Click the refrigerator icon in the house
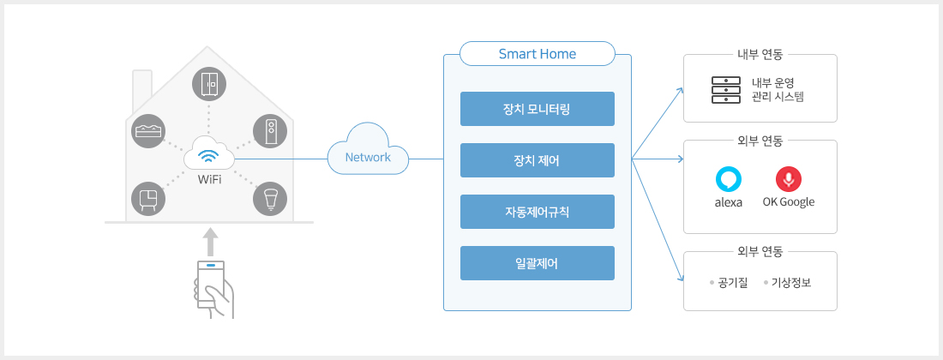coord(209,84)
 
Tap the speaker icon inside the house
coord(270,130)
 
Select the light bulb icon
coord(270,198)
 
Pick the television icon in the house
coord(148,198)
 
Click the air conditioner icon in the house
coord(148,130)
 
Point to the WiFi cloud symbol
coord(208,153)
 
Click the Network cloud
coord(368,149)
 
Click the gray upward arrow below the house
coord(209,242)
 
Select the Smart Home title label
coord(537,54)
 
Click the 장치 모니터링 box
coord(537,109)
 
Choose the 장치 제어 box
coord(537,160)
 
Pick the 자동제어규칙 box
coord(537,212)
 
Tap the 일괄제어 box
coord(537,263)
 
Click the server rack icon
coord(726,89)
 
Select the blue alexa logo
coord(729,180)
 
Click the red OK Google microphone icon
coord(789,180)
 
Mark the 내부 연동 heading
coord(760,55)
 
